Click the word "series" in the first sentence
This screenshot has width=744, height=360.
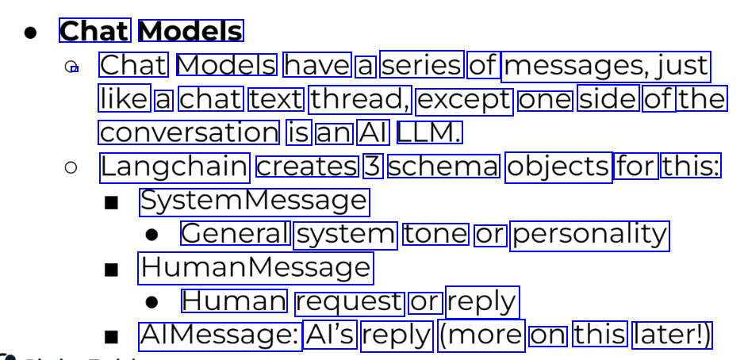[422, 65]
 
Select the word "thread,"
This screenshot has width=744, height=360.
[360, 100]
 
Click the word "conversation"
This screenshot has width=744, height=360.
[190, 132]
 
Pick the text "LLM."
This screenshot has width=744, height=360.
[428, 132]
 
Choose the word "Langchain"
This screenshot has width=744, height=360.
[174, 167]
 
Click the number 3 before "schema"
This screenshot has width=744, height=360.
[372, 167]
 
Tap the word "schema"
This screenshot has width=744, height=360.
[443, 167]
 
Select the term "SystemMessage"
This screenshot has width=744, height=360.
[254, 201]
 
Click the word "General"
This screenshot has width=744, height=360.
[235, 234]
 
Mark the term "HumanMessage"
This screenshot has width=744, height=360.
[255, 268]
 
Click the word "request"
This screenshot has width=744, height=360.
[348, 302]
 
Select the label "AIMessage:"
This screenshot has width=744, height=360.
[220, 335]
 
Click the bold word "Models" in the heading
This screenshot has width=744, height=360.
[190, 31]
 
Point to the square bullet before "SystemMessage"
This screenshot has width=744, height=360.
[112, 202]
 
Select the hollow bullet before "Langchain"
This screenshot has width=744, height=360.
[71, 167]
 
